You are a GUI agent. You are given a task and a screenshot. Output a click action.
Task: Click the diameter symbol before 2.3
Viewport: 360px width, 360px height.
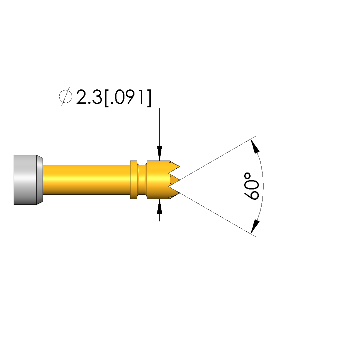tap(66, 96)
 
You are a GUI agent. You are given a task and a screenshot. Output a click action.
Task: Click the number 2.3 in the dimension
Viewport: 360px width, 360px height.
tap(89, 97)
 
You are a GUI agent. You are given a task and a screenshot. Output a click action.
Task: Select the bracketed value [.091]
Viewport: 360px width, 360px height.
tap(128, 98)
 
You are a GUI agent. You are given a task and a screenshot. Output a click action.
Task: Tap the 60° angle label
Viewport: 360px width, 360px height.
tap(251, 186)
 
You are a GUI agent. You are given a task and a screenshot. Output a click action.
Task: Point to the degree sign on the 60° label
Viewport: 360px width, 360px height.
tap(247, 176)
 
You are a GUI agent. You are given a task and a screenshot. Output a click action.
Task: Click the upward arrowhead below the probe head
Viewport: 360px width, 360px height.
tap(159, 206)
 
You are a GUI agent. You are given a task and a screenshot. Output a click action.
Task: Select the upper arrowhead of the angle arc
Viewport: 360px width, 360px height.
tap(255, 146)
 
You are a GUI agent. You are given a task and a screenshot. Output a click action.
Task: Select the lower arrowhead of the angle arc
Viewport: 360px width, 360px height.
tap(255, 226)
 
